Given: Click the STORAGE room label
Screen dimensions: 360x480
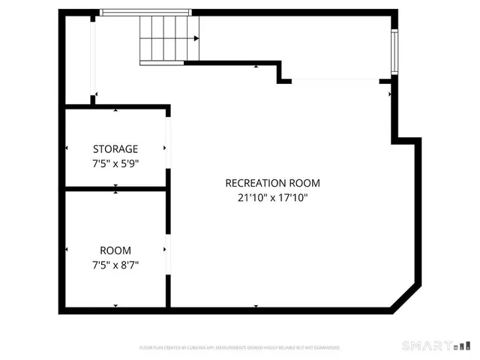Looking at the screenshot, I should [115, 148].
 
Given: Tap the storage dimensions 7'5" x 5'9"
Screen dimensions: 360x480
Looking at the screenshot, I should [115, 162].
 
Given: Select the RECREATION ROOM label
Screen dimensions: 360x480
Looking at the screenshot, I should [273, 183].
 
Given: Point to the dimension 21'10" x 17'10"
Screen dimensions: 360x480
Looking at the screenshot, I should [273, 198].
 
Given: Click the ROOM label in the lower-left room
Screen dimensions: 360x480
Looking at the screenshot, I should [115, 250].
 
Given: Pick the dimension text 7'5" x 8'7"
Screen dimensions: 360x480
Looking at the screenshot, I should [115, 264].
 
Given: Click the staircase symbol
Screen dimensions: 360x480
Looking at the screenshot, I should [170, 38].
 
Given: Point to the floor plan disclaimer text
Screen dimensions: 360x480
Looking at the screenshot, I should [240, 348].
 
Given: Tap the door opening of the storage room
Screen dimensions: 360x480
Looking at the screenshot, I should [168, 148].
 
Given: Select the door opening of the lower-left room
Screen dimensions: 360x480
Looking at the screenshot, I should [168, 249].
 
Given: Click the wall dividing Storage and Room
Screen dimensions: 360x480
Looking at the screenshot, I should [115, 189].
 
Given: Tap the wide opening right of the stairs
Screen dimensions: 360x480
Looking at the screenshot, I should [335, 79].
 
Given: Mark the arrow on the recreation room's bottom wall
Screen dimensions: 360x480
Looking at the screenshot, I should [256, 307].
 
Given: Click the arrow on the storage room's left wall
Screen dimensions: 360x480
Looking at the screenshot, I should [67, 148].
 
